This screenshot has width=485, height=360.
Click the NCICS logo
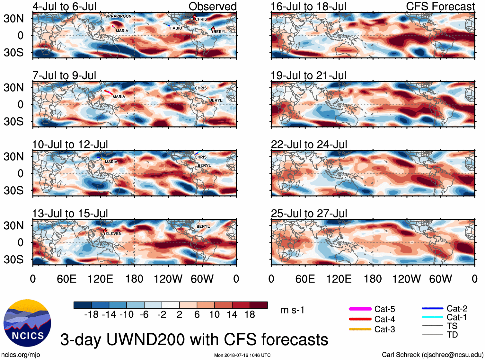pos(27,323)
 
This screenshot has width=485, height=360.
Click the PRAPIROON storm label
pos(119,16)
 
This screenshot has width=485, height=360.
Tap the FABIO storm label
pos(176,28)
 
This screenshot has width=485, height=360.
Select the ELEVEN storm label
pos(113,233)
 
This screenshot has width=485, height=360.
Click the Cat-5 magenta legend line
pos(360,309)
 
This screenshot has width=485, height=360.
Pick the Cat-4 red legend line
pos(360,319)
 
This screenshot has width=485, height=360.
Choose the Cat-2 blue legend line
pos(432,308)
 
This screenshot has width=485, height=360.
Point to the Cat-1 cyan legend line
pos(432,317)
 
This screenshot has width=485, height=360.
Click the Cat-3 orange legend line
pos(360,329)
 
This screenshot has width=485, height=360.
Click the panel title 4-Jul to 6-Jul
pos(64,6)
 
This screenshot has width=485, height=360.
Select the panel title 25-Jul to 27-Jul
pos(309,214)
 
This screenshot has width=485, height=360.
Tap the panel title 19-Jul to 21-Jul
pos(308,75)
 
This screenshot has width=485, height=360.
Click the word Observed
pos(212,6)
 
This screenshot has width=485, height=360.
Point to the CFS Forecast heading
pos(440,6)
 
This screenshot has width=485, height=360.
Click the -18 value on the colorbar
pos(91,315)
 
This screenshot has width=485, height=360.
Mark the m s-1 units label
pos(292,310)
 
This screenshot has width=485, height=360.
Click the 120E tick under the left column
pos(100,279)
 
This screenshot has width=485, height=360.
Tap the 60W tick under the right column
pos(440,279)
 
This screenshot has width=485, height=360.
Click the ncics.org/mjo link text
pos(21,355)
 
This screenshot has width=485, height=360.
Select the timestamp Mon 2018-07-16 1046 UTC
pos(242,355)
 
